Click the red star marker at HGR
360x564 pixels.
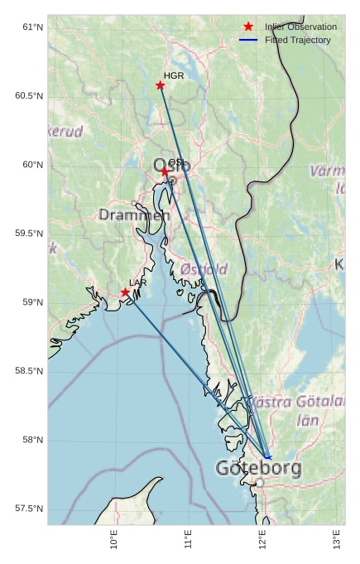[x=161, y=85]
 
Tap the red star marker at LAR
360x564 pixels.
[x=125, y=292]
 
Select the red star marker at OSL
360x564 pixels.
[x=165, y=171]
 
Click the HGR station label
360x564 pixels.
[x=174, y=75]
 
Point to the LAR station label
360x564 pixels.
[x=138, y=283]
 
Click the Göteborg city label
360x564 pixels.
[x=258, y=468]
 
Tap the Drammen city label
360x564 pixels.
[x=134, y=215]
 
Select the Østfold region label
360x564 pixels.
[x=204, y=269]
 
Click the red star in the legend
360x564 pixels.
[x=248, y=27]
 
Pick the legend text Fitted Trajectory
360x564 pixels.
[x=298, y=40]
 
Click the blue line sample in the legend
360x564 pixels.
[x=248, y=40]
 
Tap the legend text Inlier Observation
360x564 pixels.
[x=301, y=27]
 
